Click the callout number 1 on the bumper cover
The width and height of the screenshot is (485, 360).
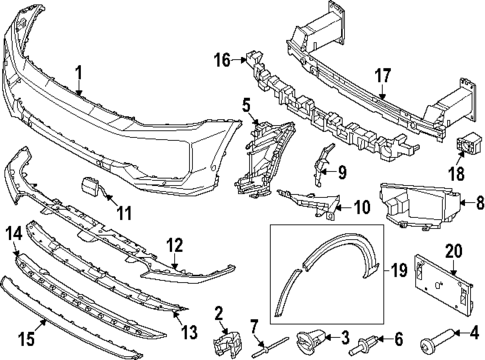tap(79, 72)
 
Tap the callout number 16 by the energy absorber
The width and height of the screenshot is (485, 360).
tap(221, 60)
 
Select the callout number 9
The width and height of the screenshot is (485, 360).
tap(341, 172)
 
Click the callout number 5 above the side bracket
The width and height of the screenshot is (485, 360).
tap(245, 104)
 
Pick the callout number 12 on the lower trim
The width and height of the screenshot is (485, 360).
tap(174, 243)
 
